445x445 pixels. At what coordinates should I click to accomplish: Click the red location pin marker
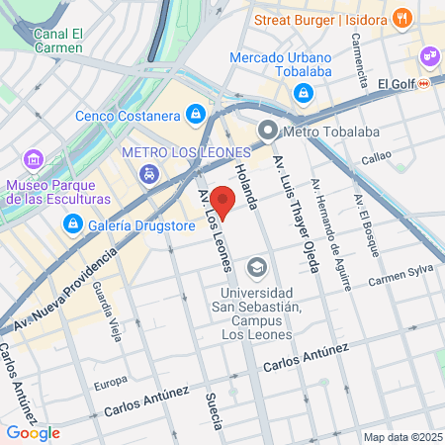pyautogui.click(x=224, y=201)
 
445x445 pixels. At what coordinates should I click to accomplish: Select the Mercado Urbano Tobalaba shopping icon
pyautogui.click(x=303, y=93)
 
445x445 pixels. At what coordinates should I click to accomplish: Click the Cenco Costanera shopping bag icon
pyautogui.click(x=197, y=115)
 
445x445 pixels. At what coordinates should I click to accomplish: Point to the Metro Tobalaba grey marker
pyautogui.click(x=267, y=131)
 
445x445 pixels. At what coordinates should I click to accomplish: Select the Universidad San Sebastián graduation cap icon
pyautogui.click(x=257, y=267)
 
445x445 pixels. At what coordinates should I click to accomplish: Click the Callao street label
pyautogui.click(x=376, y=156)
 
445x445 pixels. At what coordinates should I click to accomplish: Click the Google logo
pyautogui.click(x=33, y=432)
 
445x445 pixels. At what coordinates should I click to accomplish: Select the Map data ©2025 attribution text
pyautogui.click(x=400, y=437)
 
